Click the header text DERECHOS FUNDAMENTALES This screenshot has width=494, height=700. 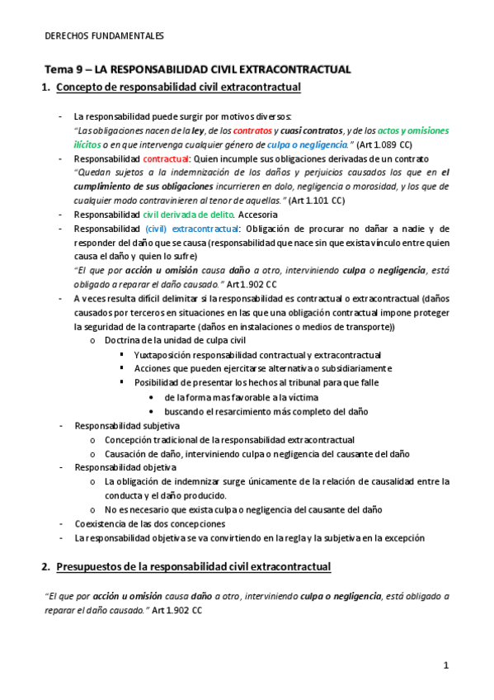pos(104,36)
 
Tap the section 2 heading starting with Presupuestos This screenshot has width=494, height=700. pos(194,567)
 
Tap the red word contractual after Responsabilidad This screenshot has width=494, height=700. pos(167,158)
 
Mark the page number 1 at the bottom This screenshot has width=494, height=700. pos(445,665)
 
